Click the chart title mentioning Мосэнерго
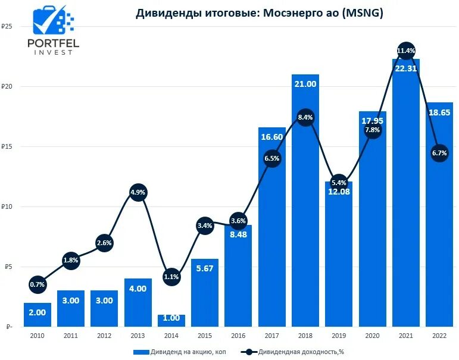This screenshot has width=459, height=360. [260, 13]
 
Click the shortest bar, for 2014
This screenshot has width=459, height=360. [171, 321]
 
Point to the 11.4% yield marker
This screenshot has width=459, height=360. [406, 51]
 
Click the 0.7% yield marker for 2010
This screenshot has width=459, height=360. [38, 284]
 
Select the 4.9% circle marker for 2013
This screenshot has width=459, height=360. [138, 192]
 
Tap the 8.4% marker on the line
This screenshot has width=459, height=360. [305, 118]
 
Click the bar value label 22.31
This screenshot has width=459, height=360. [406, 68]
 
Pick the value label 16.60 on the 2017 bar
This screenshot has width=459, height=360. [272, 137]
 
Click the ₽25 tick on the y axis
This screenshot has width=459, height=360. [7, 27]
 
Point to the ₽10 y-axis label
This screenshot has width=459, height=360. [7, 207]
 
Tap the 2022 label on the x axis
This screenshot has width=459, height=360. [439, 336]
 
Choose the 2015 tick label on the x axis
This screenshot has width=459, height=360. [205, 336]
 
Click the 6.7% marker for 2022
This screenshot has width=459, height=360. [439, 153]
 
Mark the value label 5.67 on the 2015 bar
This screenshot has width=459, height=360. [205, 268]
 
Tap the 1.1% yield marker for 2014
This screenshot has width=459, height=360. [171, 276]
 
